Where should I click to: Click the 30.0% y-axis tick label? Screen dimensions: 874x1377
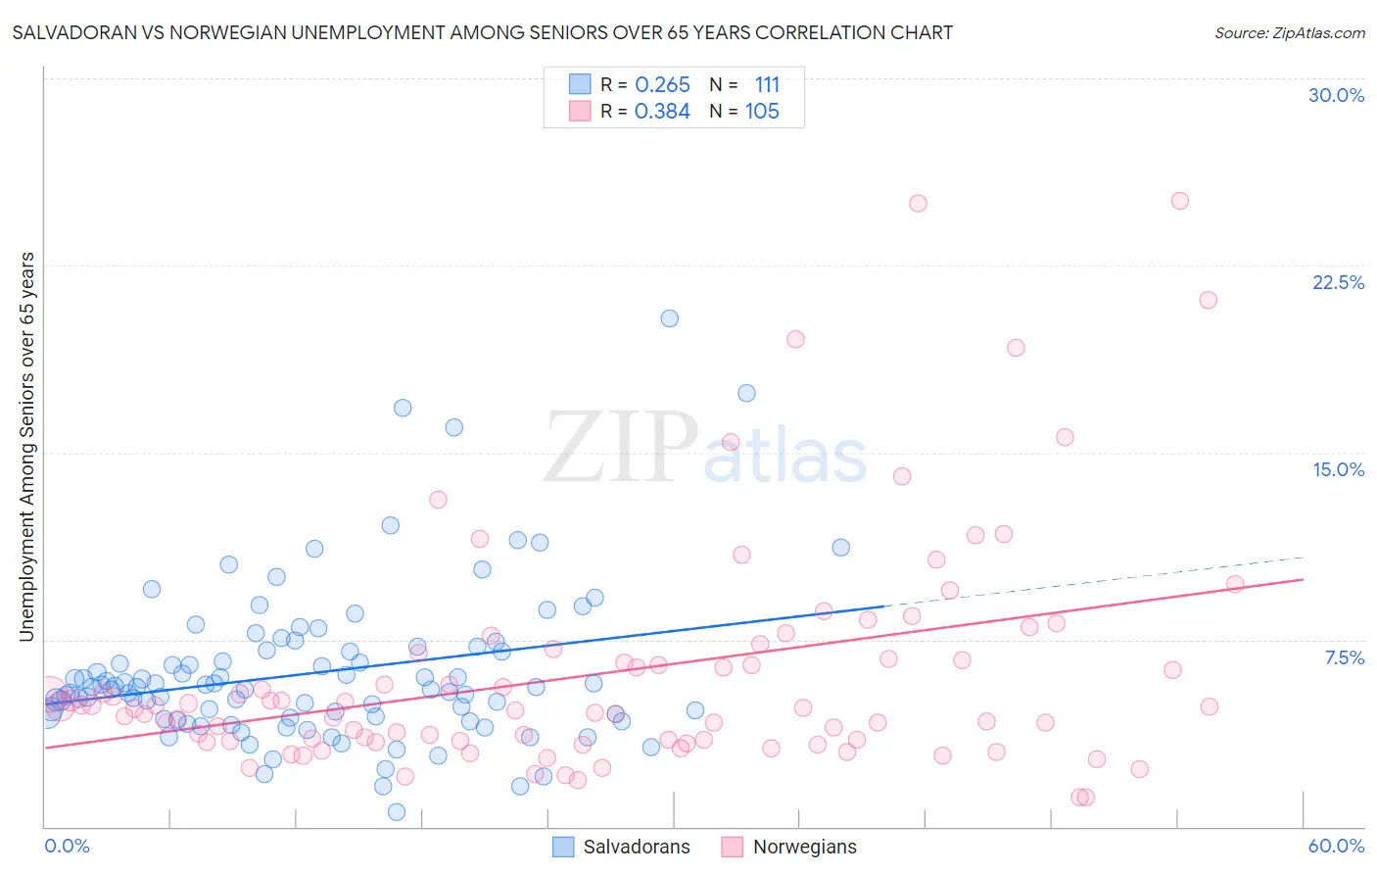click(1336, 95)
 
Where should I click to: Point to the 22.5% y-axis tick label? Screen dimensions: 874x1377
click(1338, 282)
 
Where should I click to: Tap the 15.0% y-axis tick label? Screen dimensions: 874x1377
click(1338, 469)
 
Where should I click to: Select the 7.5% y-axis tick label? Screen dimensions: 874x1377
click(1344, 657)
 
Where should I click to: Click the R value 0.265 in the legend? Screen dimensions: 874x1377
click(662, 85)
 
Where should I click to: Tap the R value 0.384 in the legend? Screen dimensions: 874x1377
click(662, 112)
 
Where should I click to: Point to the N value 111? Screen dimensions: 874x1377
click(767, 85)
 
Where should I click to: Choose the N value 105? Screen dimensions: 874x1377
click(762, 112)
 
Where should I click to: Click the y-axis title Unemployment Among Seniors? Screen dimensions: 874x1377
click(26, 447)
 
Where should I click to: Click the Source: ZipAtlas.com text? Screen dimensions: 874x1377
click(1289, 33)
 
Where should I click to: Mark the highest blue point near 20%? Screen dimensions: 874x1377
click(669, 318)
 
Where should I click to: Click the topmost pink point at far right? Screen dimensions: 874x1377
click(1179, 201)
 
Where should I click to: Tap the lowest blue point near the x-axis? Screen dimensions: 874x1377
click(397, 811)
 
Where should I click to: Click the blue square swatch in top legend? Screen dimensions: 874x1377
click(580, 85)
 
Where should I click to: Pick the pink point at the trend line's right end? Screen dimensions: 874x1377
click(1234, 584)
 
